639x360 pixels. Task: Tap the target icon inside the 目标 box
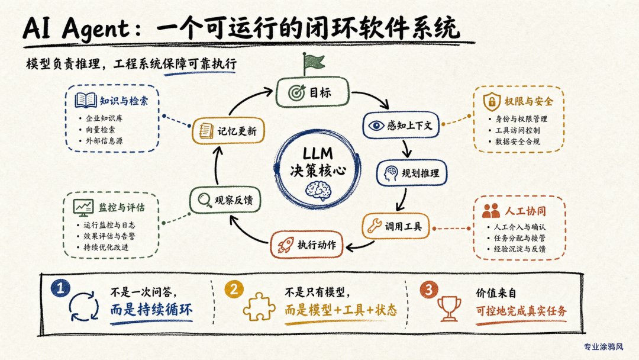296,93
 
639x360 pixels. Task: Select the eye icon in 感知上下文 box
376,125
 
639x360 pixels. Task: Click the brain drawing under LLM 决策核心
318,190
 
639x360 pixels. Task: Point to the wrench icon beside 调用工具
374,226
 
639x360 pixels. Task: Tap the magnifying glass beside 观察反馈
205,200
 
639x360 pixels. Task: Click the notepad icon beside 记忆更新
206,131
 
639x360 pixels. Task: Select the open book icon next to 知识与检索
86,100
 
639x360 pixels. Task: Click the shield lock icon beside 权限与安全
492,101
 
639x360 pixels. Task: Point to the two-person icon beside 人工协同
490,211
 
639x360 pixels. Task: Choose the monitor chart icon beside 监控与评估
83,207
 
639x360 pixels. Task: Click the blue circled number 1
60,288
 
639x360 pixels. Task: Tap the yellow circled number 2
234,289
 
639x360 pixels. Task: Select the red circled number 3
428,290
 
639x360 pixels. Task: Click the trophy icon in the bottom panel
448,308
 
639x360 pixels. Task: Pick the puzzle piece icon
259,306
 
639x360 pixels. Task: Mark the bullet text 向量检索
100,130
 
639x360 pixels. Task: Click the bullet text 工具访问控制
518,130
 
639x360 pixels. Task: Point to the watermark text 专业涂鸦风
603,347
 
